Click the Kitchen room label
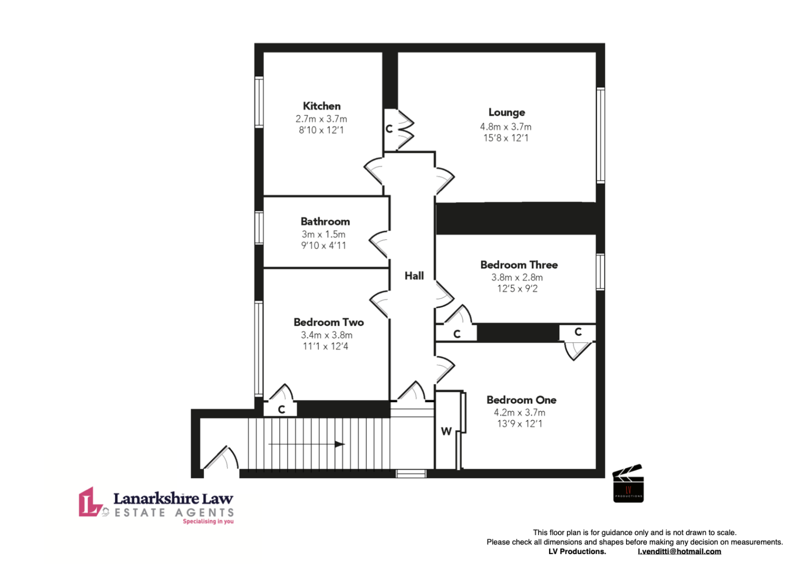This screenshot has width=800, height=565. [x=321, y=106]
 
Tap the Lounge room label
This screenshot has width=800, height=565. [x=506, y=112]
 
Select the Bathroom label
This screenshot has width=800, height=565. [x=325, y=221]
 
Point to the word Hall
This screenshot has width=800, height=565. [x=414, y=276]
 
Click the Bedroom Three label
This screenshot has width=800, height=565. [x=519, y=265]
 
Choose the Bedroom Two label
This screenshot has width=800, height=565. [x=328, y=322]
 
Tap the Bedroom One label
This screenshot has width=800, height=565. [x=521, y=400]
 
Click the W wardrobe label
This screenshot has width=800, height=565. [x=446, y=431]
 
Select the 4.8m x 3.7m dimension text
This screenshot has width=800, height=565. [x=505, y=127]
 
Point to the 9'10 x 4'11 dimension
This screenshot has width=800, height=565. [x=323, y=245]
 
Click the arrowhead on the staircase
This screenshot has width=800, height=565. [x=340, y=444]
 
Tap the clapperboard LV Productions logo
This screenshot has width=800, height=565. [x=628, y=483]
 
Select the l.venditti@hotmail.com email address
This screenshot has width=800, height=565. [x=679, y=552]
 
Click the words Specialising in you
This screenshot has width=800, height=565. [x=208, y=522]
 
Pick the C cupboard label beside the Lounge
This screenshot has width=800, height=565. [x=389, y=129]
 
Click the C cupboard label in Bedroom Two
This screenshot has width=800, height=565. [x=281, y=410]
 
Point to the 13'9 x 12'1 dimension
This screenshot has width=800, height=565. [x=519, y=424]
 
